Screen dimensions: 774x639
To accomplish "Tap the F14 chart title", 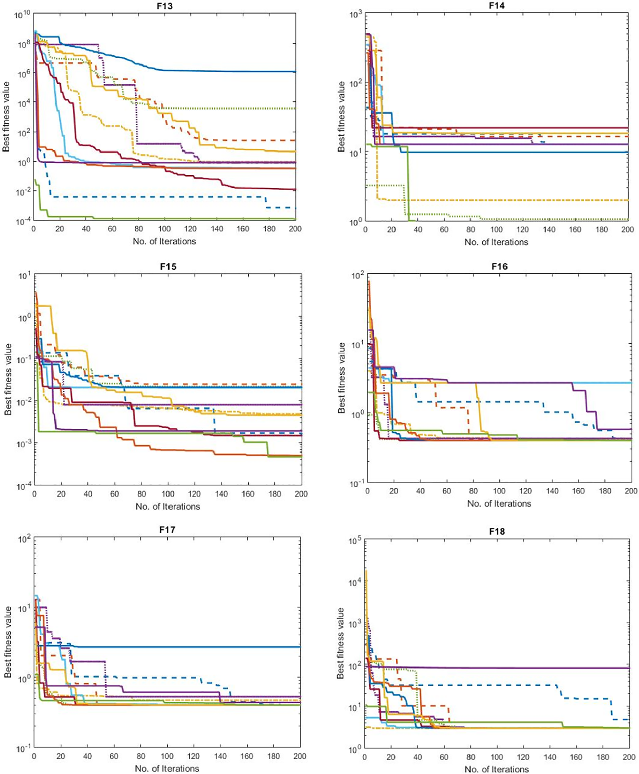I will [497, 6].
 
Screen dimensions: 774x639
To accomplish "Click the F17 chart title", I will [167, 529].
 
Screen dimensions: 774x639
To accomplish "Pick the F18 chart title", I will [497, 532].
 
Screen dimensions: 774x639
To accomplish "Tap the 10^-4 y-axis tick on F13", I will [23, 222].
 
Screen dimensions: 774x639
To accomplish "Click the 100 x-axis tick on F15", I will [168, 494].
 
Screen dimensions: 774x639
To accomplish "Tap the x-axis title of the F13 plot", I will [164, 241].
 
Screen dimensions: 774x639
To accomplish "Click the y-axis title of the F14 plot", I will [342, 117].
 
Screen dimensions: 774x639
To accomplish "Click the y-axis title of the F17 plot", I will [8, 642].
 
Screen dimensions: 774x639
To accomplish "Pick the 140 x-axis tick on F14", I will [549, 230].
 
